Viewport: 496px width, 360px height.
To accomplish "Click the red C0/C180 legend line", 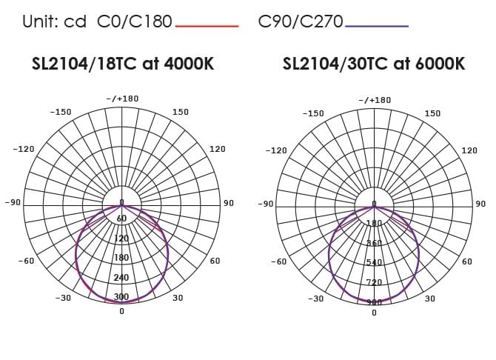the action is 207,26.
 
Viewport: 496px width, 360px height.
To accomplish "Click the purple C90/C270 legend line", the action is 377,26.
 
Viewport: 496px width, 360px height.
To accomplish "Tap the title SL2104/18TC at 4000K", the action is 123,64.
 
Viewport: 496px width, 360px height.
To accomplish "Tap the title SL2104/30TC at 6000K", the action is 374,64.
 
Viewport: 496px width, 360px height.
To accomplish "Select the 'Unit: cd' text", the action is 54,21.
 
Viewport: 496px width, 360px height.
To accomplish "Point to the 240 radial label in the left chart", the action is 121,278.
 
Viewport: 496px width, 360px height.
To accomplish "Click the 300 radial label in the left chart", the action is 121,297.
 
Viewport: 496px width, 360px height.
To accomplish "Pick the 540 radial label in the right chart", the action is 374,262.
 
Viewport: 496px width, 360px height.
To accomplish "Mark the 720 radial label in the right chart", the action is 374,282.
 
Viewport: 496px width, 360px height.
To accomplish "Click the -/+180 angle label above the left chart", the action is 122,99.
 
